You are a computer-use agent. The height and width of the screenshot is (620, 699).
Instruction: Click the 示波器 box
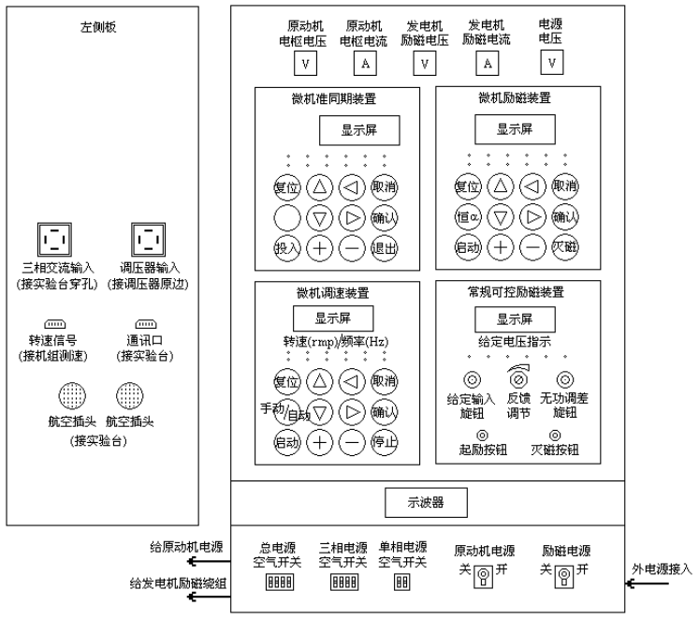point(426,503)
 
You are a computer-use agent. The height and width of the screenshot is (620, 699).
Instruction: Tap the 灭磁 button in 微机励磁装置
point(565,247)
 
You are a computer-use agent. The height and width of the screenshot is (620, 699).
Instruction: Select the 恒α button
point(467,217)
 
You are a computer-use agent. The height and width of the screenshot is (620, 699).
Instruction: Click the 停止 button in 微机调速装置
point(384,441)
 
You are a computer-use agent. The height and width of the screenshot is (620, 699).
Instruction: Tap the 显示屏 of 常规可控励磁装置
point(515,318)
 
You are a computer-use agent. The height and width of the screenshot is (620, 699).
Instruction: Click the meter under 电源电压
point(553,64)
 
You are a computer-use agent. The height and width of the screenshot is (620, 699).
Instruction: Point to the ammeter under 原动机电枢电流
point(366,64)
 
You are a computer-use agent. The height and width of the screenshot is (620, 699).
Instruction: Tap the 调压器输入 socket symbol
point(147,239)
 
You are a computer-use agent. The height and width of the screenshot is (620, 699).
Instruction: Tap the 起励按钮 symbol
point(482,435)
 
